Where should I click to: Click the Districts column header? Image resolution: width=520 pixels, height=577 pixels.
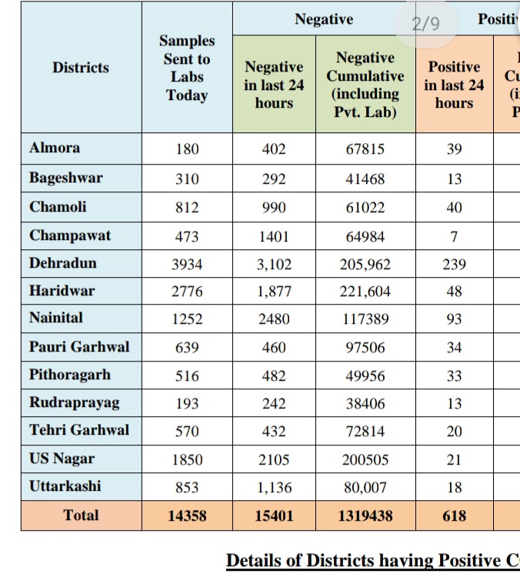[81, 68]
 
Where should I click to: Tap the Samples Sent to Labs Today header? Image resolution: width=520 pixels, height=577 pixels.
[187, 68]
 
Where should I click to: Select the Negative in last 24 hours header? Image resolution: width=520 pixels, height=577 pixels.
[274, 85]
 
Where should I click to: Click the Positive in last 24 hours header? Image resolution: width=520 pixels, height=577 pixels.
[454, 85]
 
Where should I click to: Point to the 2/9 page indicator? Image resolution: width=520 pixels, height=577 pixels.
[425, 23]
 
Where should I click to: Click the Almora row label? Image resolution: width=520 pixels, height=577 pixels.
[55, 148]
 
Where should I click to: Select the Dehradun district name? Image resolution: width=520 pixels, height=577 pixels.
[63, 263]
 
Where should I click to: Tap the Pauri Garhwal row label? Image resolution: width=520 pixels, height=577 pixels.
[79, 346]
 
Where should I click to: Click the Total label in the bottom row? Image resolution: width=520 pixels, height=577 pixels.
[81, 515]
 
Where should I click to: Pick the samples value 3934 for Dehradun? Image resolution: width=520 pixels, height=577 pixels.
[187, 265]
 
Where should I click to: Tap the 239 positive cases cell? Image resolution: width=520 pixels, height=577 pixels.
[454, 265]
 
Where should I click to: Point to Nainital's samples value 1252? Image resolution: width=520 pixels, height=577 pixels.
[187, 319]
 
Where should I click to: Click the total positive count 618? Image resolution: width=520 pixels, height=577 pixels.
[454, 516]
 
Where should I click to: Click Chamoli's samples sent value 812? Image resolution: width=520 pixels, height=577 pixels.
[187, 208]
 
